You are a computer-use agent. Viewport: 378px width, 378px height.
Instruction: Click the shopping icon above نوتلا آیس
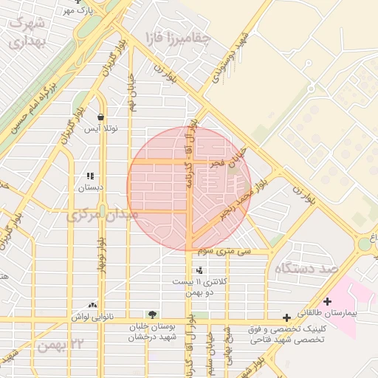coord(100,117)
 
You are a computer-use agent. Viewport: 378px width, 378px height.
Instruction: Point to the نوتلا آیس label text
coord(100,128)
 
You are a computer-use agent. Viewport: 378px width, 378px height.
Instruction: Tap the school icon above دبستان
coord(91,176)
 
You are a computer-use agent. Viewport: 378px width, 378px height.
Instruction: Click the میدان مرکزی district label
coord(103,215)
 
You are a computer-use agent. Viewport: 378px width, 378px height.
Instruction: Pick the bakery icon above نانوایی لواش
coord(93,305)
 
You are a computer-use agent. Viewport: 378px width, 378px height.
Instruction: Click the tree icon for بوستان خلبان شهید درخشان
coord(153,315)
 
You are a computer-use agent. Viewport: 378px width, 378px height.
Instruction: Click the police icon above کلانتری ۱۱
coord(199,270)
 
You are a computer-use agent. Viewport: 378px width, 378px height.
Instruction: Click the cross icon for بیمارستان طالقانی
coord(328,301)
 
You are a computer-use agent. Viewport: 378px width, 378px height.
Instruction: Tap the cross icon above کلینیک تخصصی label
coord(286,317)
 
